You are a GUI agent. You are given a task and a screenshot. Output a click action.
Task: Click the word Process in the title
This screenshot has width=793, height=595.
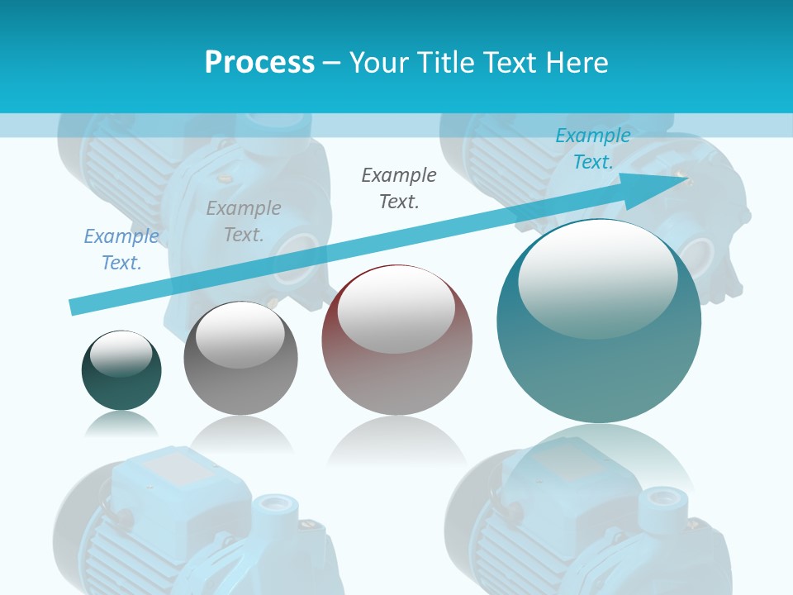(x=259, y=63)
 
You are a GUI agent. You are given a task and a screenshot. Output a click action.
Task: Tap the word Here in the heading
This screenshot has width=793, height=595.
(x=576, y=63)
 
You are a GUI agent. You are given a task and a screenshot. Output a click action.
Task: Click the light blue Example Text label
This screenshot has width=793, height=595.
(x=121, y=250)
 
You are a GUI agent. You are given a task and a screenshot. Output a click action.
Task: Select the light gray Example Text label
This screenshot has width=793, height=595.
(x=244, y=221)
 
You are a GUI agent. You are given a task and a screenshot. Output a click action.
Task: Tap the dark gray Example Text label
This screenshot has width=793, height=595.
(x=399, y=188)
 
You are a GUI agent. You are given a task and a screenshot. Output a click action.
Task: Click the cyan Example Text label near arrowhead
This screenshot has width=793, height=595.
(x=593, y=149)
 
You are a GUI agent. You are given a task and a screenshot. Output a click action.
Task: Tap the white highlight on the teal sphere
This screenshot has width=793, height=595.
(x=597, y=278)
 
